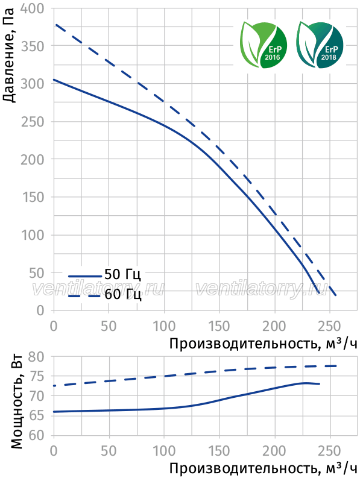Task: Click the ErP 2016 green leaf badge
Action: click(264, 45)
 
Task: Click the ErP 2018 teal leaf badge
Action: click(320, 45)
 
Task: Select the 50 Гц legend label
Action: click(123, 274)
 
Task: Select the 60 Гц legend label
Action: click(123, 295)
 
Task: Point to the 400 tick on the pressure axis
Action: click(33, 8)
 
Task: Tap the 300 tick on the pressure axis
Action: click(33, 84)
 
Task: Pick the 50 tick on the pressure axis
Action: click(37, 273)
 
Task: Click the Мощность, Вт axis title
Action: click(17, 402)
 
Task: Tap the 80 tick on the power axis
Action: click(37, 357)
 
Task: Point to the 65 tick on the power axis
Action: click(37, 416)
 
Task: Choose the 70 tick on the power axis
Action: click(37, 397)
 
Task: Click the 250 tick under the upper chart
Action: click(329, 326)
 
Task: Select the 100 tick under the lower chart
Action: click(164, 451)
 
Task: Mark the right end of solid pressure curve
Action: click(319, 294)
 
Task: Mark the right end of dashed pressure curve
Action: click(336, 295)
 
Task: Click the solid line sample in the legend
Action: click(84, 276)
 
